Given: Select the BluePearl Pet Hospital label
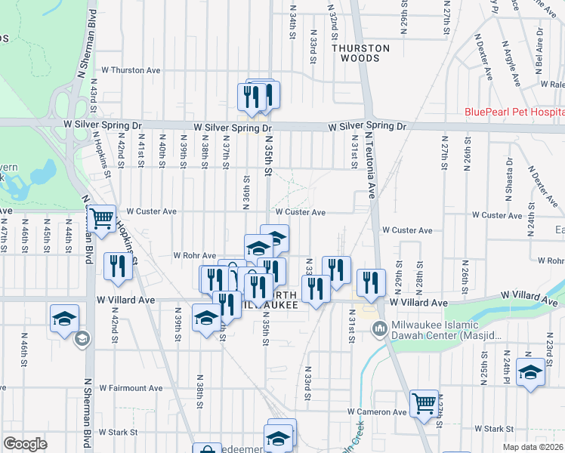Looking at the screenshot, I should (x=514, y=112).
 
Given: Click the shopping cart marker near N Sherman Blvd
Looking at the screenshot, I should (x=100, y=219).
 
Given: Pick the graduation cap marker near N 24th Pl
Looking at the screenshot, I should (x=531, y=373).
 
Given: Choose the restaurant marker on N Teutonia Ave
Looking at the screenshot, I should (x=370, y=282).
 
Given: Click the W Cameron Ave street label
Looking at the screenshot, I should (x=377, y=412).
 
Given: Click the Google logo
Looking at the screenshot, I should (x=25, y=444).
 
